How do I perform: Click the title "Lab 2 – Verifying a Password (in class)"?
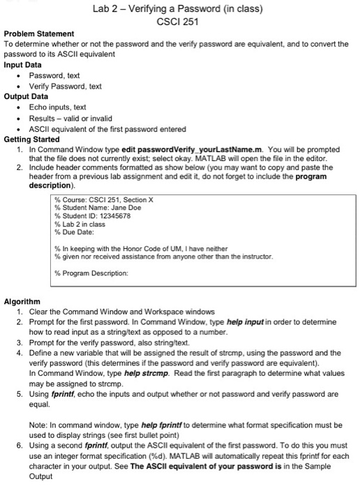coord(180,9)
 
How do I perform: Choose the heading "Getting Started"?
coord(33,139)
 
